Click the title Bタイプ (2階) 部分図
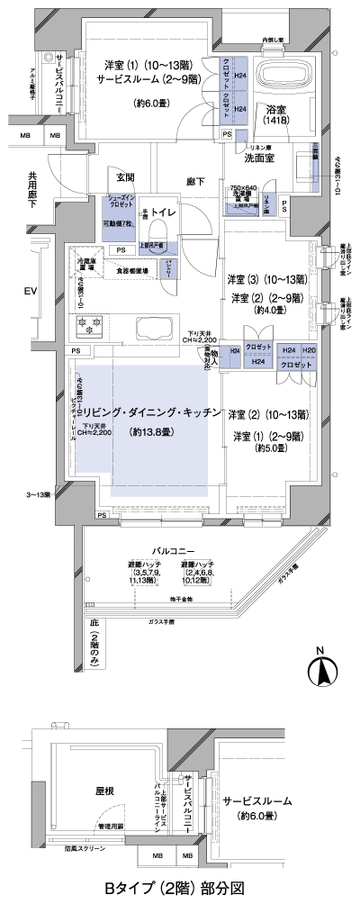click(178, 889)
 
